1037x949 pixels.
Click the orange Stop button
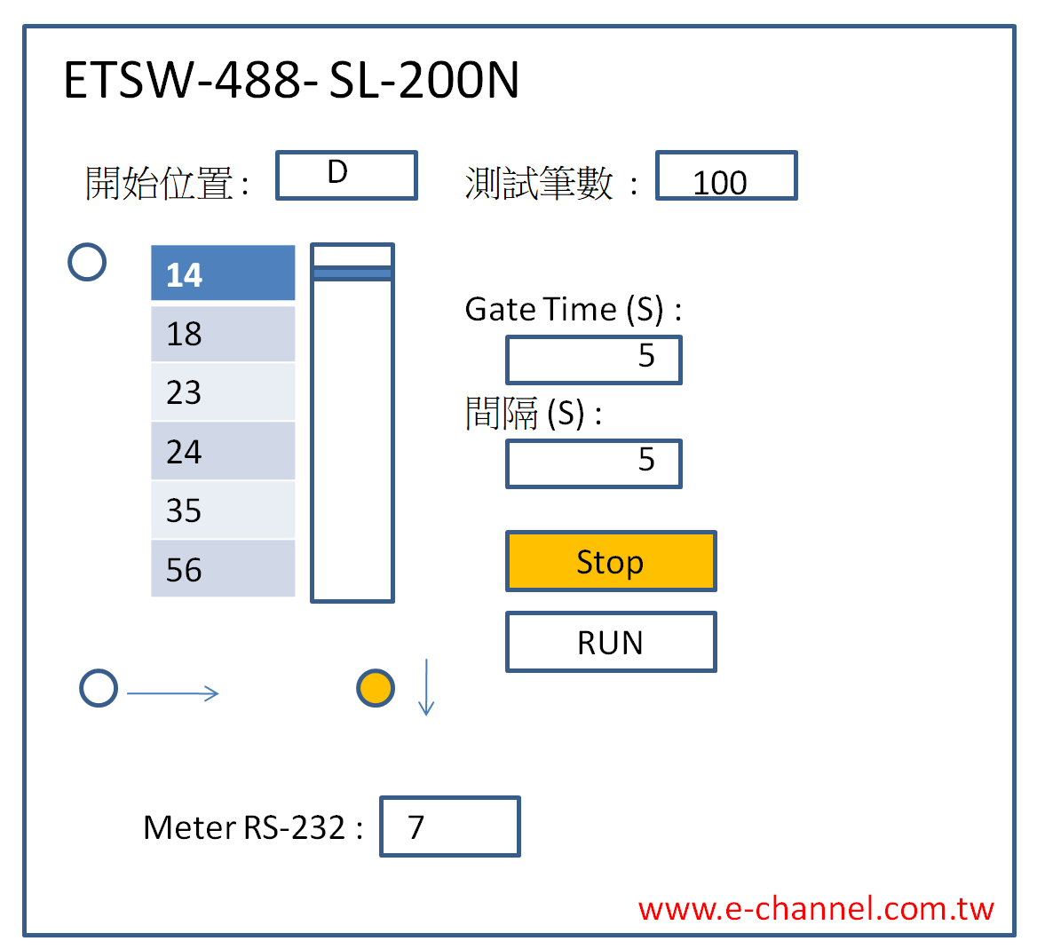pos(610,561)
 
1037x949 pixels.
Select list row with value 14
pos(223,273)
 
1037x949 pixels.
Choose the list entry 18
pos(223,334)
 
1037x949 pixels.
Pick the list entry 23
pos(223,392)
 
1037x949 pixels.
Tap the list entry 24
pos(223,452)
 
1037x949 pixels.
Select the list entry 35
pos(223,510)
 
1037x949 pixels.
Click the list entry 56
pos(223,569)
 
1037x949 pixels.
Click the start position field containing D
pos(346,175)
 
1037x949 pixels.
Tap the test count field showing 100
pos(726,176)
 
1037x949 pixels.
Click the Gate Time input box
pos(593,360)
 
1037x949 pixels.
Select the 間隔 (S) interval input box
pos(593,463)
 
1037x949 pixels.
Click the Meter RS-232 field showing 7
pos(449,826)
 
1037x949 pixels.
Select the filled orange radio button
pos(376,688)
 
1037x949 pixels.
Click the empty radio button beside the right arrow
pos(99,688)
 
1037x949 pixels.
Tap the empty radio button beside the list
pos(87,262)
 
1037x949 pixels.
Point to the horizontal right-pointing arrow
pos(173,693)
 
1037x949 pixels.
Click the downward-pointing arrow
pos(426,687)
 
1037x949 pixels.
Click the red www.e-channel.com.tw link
pos(815,909)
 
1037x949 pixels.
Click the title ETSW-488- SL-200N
pos(291,80)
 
